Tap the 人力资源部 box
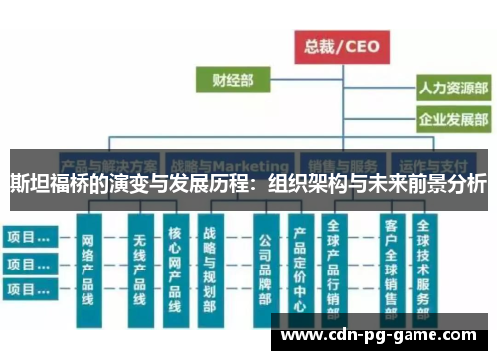tap(453, 89)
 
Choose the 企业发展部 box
tap(453, 122)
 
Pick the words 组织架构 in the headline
tap(307, 185)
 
